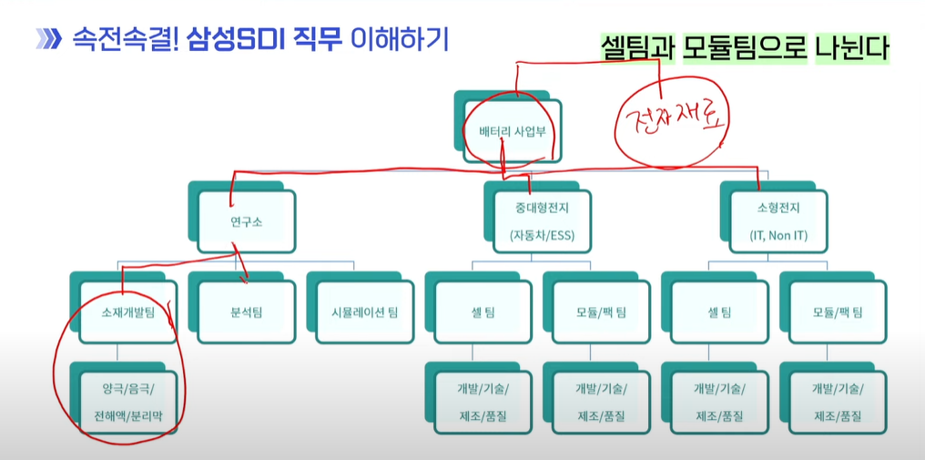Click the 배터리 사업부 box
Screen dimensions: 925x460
[x=512, y=131]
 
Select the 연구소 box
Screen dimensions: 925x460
[x=246, y=222]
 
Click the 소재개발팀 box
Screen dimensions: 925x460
[x=128, y=312]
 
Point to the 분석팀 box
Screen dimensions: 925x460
[x=246, y=312]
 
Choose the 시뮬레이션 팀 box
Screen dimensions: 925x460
[x=364, y=312]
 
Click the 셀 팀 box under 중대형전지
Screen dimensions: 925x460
[x=483, y=312]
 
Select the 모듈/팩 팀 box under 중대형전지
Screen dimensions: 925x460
[x=601, y=312]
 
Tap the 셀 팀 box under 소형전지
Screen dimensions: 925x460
[x=719, y=312]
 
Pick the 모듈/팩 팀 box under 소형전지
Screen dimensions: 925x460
[x=838, y=312]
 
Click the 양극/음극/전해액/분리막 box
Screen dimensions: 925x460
[x=128, y=403]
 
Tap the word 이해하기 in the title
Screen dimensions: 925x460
[x=400, y=39]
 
